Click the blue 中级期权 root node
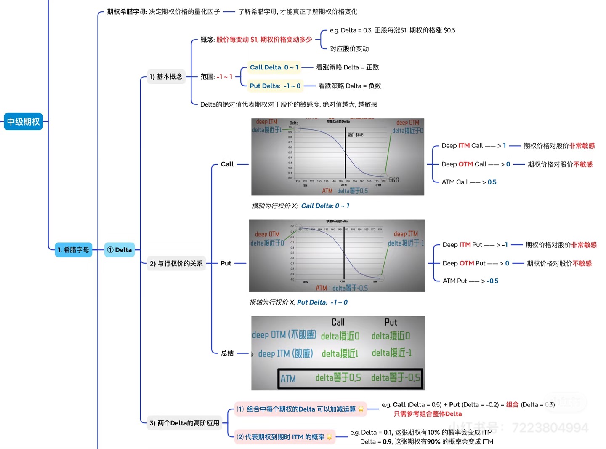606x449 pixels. click(23, 122)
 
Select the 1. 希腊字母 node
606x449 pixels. click(74, 250)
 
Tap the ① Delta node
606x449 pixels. click(120, 250)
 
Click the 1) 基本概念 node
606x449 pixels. click(166, 77)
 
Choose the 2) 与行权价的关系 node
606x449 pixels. click(176, 263)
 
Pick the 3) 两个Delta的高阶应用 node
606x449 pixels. click(184, 423)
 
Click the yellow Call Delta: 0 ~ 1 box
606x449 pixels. click(274, 67)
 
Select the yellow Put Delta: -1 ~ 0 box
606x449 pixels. click(275, 86)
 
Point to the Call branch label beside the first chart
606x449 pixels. click(227, 164)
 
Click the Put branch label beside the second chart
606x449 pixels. click(226, 263)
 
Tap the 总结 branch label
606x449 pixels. click(227, 353)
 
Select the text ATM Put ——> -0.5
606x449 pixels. click(470, 281)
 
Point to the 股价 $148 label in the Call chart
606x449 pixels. click(355, 135)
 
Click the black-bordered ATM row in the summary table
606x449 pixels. click(349, 378)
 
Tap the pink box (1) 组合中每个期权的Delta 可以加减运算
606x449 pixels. click(300, 409)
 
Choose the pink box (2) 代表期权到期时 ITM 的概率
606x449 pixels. click(284, 437)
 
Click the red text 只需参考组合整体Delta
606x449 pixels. click(428, 414)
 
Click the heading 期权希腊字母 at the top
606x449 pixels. click(126, 12)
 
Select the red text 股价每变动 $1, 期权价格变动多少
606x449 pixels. click(264, 40)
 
